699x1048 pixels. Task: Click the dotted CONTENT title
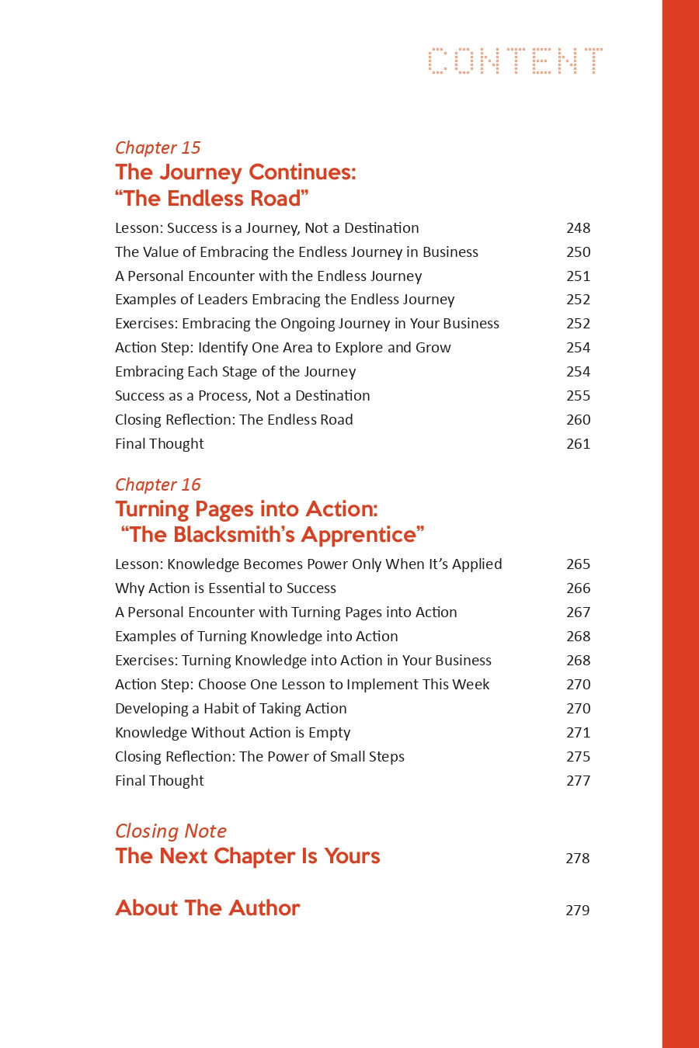tap(515, 61)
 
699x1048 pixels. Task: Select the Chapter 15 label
tap(158, 147)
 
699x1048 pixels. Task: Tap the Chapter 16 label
tap(158, 484)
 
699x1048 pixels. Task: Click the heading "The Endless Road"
tap(212, 199)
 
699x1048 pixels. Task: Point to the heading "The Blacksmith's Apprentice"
tap(273, 535)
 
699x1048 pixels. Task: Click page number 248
tap(578, 228)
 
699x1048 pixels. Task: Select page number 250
tap(578, 252)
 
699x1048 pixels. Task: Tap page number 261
tap(578, 444)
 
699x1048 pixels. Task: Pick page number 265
tap(578, 564)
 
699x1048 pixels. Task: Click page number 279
tap(577, 911)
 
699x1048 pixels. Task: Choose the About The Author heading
tap(207, 908)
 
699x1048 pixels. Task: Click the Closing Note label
tap(171, 831)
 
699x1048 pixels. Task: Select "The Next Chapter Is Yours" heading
tap(248, 856)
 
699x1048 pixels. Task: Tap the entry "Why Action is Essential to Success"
tap(225, 588)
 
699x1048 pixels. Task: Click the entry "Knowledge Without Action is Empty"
tap(232, 733)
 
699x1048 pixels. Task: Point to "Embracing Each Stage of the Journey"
tap(235, 372)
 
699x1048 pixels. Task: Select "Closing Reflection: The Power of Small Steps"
tap(259, 757)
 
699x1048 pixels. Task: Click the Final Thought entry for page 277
tap(159, 781)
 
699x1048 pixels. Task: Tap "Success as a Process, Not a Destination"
tap(242, 396)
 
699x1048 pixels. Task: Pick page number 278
tap(577, 859)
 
